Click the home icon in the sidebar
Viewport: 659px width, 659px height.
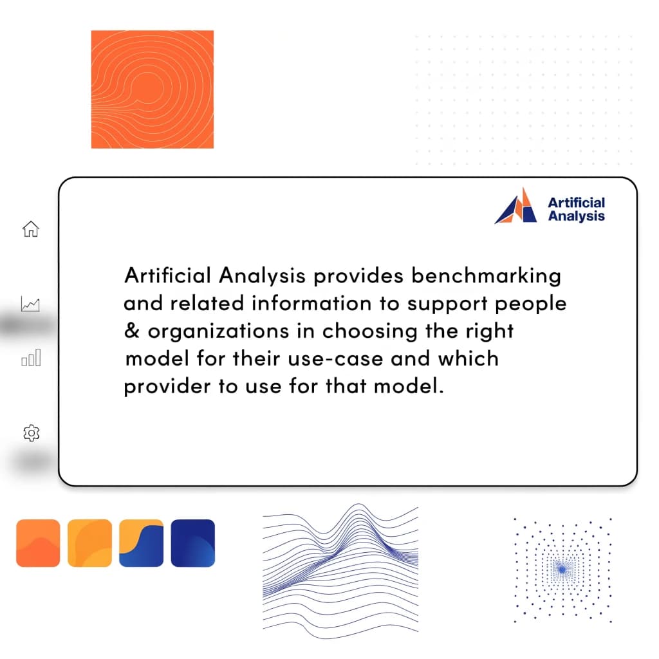coord(30,229)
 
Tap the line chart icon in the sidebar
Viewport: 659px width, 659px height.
coord(30,304)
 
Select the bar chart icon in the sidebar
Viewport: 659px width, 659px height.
coord(31,358)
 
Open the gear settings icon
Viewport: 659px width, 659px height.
coord(31,433)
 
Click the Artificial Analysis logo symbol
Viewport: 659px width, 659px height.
coord(516,207)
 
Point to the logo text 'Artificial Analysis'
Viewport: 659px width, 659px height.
coord(576,209)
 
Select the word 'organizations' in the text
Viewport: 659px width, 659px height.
coord(230,331)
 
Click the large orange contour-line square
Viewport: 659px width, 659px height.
coord(153,89)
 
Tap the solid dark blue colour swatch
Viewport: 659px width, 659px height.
coord(192,543)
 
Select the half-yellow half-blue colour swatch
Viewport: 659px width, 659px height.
coord(141,543)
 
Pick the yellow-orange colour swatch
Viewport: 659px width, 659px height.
coord(89,543)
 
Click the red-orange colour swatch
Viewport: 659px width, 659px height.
coord(38,543)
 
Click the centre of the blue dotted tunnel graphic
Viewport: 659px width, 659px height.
coord(562,570)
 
